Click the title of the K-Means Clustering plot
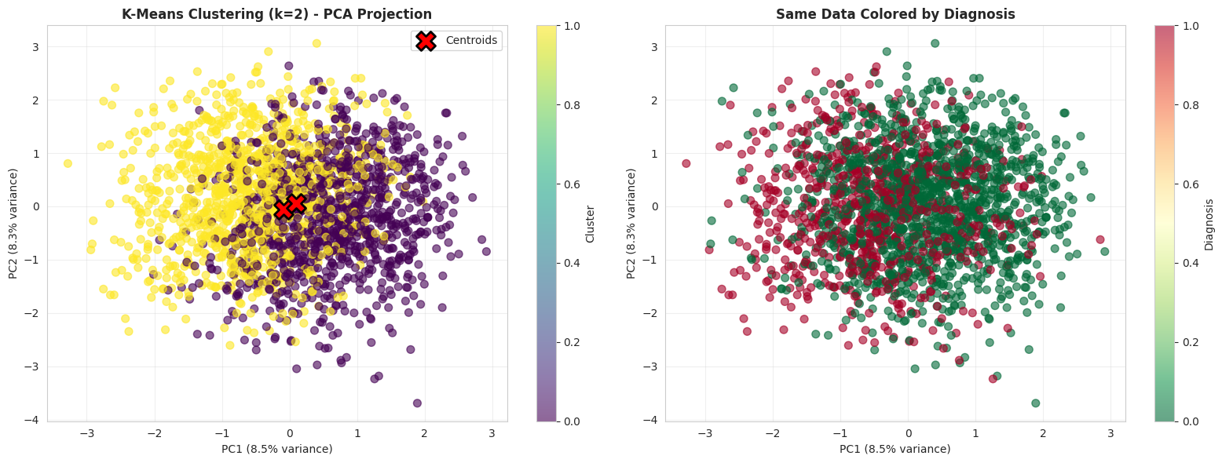[x=276, y=14]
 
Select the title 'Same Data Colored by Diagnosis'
[x=895, y=14]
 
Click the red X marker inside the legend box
[x=425, y=41]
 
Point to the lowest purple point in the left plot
[x=417, y=403]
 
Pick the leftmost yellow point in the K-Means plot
[x=68, y=163]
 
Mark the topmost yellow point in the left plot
[x=316, y=43]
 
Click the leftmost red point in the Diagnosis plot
[x=686, y=163]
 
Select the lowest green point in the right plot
[x=1036, y=403]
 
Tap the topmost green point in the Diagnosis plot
[x=935, y=43]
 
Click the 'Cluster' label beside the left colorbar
[x=590, y=224]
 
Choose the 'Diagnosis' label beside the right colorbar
[x=1209, y=224]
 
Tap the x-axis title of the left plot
[x=276, y=449]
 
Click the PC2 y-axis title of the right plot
[x=631, y=224]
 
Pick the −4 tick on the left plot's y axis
[x=35, y=421]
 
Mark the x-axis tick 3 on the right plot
[x=1111, y=433]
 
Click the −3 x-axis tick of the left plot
[x=86, y=433]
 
